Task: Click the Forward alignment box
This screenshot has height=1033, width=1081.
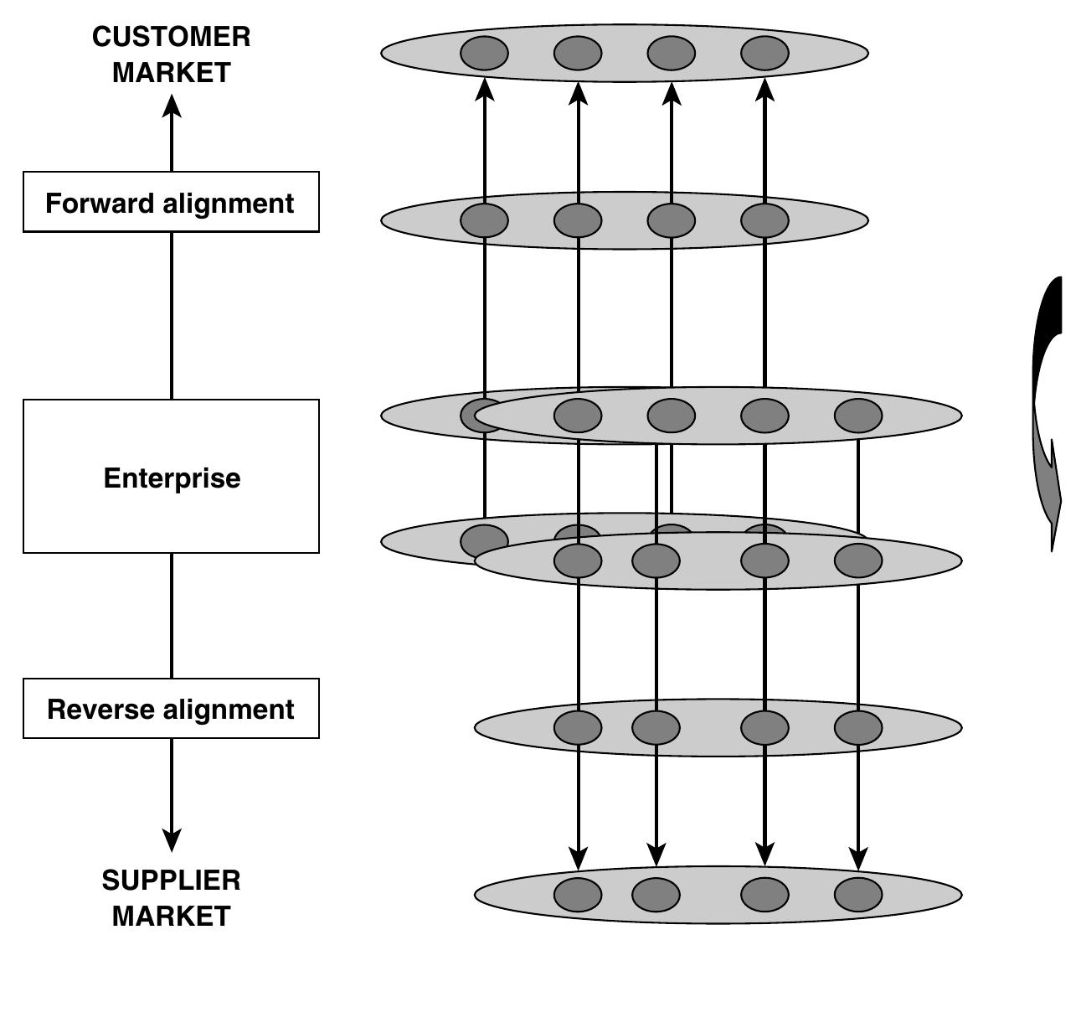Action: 171,202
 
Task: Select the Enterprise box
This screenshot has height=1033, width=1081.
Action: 171,477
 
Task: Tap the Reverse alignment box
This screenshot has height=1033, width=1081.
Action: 171,709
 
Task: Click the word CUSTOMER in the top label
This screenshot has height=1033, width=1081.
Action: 171,37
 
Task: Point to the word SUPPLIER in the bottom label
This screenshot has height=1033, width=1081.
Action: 171,880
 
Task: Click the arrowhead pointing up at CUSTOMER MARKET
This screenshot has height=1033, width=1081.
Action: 172,106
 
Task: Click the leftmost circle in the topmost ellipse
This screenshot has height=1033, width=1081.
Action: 484,53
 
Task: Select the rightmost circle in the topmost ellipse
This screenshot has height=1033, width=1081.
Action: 764,53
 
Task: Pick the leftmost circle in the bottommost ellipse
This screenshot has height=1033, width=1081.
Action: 578,894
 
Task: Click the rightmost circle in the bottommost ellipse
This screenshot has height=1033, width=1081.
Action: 858,894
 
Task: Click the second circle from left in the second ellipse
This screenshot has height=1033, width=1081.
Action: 578,220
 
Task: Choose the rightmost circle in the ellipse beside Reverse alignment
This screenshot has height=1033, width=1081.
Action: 858,727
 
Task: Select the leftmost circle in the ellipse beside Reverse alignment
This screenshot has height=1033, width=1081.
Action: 578,727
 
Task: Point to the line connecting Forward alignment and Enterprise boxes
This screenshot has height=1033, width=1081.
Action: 172,315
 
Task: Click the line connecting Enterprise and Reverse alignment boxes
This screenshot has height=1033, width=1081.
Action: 172,616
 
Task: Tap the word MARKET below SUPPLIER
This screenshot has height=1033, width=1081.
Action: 171,916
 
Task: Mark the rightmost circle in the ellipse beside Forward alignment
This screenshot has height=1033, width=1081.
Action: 764,220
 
